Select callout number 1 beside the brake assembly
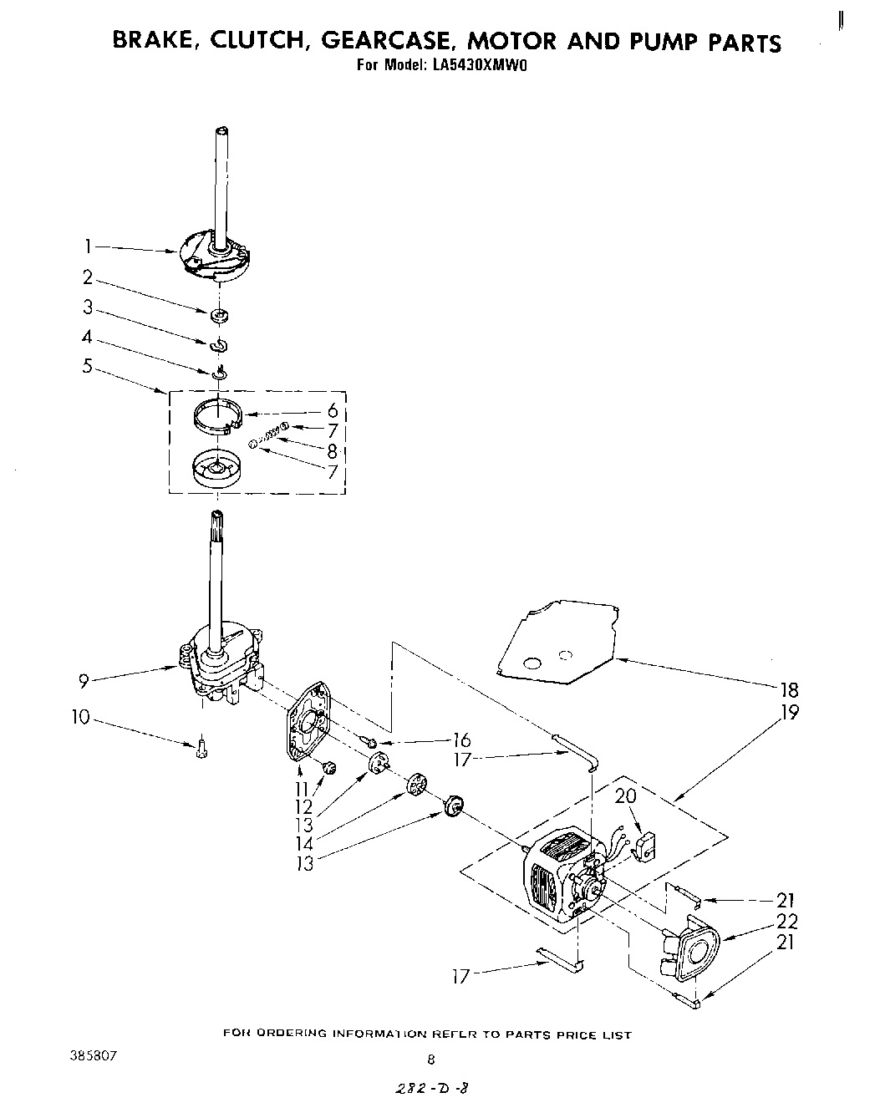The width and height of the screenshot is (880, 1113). click(88, 246)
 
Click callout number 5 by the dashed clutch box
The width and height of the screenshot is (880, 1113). click(88, 365)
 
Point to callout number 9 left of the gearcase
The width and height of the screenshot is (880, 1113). click(84, 681)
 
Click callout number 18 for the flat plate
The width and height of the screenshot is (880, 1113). click(788, 689)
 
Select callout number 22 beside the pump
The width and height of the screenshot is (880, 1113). click(786, 921)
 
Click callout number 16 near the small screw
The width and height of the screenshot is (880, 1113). click(460, 739)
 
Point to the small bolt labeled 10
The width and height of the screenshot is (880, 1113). click(200, 749)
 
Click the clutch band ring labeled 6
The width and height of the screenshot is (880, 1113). click(217, 416)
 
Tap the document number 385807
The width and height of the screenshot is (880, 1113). click(94, 1055)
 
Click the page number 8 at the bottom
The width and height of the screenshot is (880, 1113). click(431, 1060)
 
